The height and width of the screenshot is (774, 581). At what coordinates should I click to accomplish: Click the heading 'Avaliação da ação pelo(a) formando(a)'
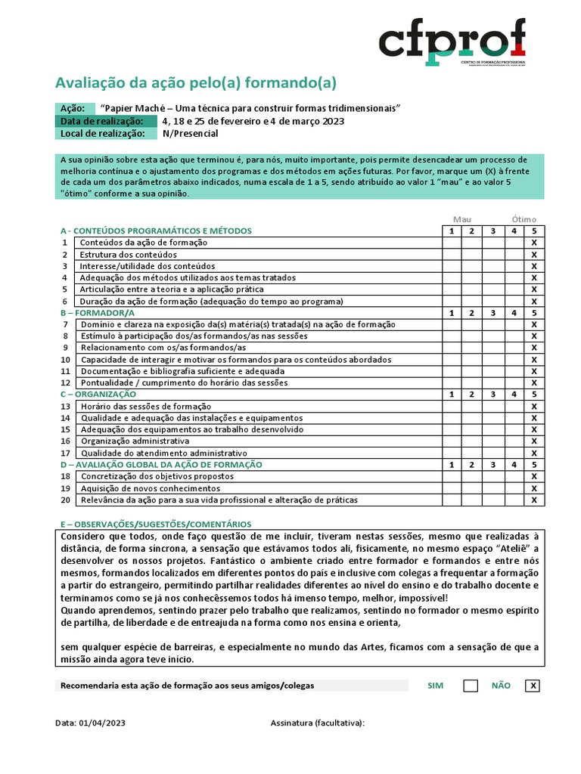point(196,82)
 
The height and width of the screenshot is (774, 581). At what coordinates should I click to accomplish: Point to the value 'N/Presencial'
point(190,134)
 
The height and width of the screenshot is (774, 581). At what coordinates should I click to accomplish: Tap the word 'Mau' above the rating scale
point(461,219)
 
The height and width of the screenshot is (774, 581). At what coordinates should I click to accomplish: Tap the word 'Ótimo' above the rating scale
point(524,219)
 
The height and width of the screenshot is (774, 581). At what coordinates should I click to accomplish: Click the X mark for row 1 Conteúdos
point(534,243)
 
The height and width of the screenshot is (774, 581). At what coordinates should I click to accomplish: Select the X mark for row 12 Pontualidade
point(534,382)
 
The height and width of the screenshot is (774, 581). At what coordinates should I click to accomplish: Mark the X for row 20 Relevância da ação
point(534,500)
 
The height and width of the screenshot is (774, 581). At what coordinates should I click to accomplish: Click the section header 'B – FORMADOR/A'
point(97,312)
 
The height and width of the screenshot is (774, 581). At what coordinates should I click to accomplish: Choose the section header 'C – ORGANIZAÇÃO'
point(98,394)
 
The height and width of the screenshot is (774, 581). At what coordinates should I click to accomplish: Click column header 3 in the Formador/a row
point(492,312)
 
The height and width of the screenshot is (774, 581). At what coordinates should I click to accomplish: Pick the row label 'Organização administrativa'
point(135,441)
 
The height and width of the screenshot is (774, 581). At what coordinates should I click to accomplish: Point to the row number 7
point(66,324)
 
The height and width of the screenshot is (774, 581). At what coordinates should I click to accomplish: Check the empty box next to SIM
point(471,686)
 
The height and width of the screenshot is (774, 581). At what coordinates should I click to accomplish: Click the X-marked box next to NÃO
point(533,686)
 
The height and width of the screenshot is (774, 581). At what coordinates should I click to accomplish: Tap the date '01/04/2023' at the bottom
point(102,723)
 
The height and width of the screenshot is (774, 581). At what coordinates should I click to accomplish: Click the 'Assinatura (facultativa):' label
point(318,723)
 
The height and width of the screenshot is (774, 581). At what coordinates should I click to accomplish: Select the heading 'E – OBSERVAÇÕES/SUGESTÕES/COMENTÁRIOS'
point(156,524)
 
